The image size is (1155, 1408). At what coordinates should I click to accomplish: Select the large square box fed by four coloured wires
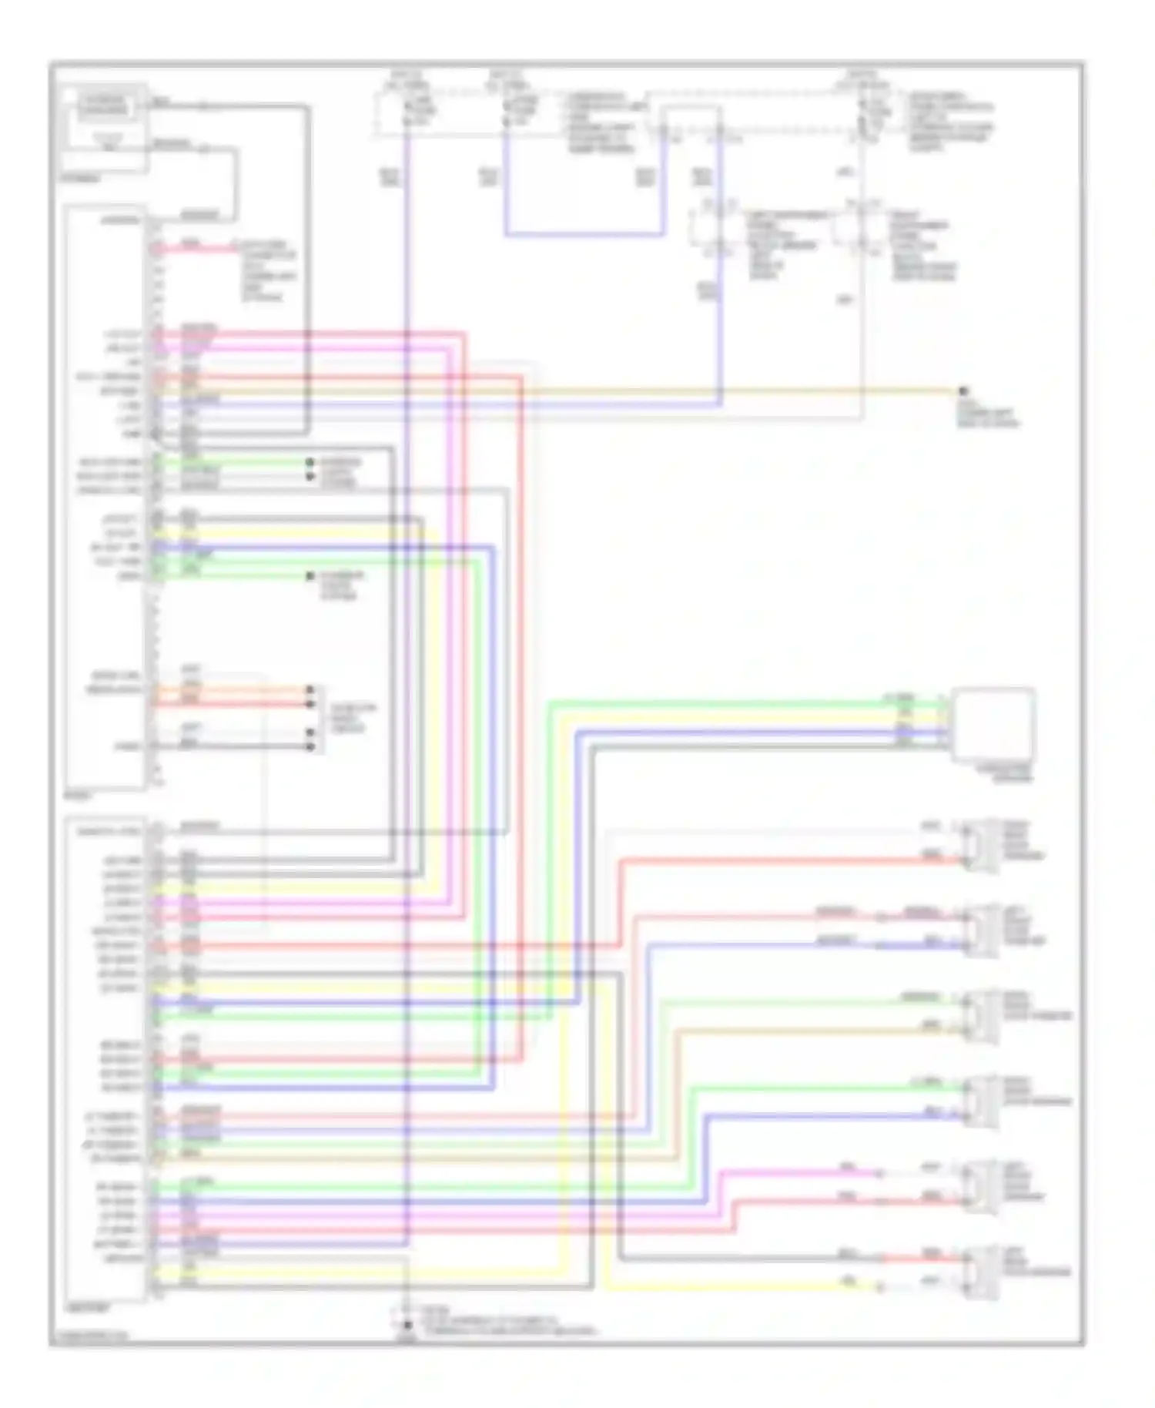coord(993,725)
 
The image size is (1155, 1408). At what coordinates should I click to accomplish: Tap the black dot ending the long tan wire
coord(962,391)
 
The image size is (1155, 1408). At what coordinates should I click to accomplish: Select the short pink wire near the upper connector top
coord(200,248)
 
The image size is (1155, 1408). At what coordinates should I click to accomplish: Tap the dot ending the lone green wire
coord(310,576)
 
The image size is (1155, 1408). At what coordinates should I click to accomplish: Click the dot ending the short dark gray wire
coord(310,746)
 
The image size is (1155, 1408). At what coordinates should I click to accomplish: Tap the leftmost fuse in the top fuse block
coord(407,112)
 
